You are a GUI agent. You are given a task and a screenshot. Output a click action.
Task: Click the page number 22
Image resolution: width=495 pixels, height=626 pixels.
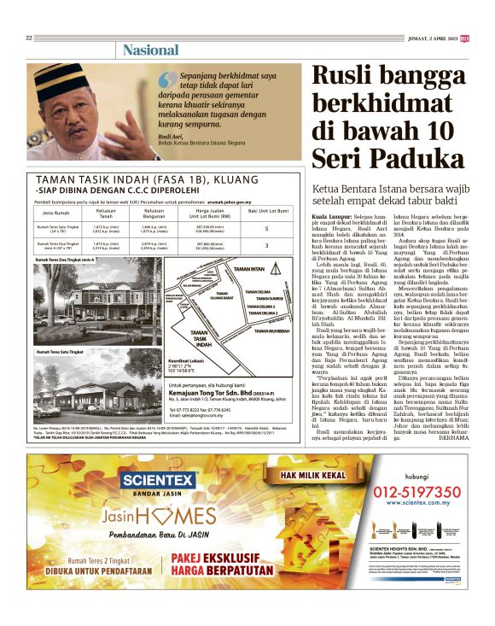point(29,38)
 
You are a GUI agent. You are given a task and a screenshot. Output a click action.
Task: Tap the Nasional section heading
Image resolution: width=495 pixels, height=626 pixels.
point(150,50)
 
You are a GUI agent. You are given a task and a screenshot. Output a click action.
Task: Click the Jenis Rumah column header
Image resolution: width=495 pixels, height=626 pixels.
point(56,210)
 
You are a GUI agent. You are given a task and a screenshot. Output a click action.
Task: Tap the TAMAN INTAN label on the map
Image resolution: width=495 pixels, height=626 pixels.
point(248,269)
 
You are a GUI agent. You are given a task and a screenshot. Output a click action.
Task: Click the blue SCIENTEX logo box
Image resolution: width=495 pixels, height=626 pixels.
point(160,481)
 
